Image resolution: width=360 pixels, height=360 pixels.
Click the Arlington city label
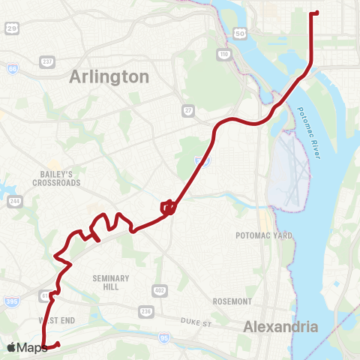(109, 76)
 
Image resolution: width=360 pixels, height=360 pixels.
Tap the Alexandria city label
(281, 326)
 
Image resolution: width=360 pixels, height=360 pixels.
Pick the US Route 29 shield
(11, 28)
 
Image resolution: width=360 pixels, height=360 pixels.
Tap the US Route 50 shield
(240, 34)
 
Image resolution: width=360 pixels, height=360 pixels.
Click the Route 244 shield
(14, 201)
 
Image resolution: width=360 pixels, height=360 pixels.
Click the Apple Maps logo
(27, 347)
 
